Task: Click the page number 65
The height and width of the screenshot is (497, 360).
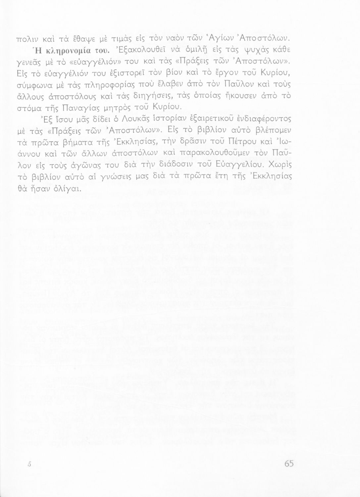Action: click(x=289, y=464)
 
